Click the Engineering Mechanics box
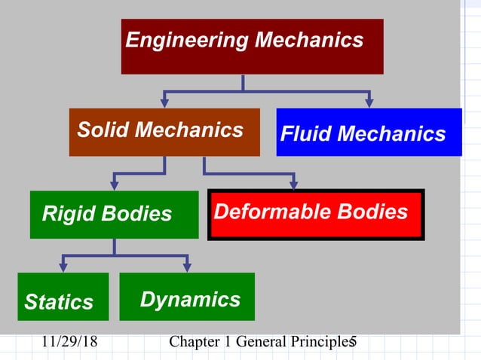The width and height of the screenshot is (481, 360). [252, 46]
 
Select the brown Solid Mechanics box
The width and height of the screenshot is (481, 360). [164, 132]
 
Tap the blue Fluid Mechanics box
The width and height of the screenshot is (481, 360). [369, 133]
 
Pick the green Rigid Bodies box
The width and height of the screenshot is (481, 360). [114, 215]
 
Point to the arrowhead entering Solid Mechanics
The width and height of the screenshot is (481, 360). [164, 102]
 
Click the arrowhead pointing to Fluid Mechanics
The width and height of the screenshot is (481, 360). [369, 102]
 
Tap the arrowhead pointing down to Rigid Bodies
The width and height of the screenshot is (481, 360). [114, 185]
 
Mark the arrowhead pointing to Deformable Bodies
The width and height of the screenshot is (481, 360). [294, 184]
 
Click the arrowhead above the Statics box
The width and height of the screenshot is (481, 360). [63, 267]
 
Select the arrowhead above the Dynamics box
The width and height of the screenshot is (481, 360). [187, 267]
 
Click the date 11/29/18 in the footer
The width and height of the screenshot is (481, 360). [69, 343]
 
